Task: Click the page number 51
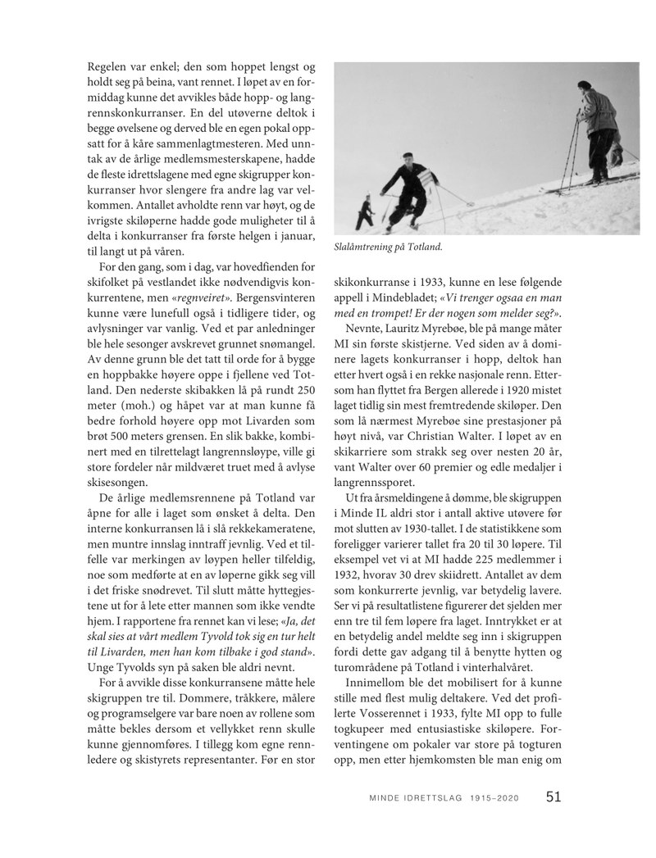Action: point(554,797)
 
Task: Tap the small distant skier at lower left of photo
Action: point(366,215)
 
